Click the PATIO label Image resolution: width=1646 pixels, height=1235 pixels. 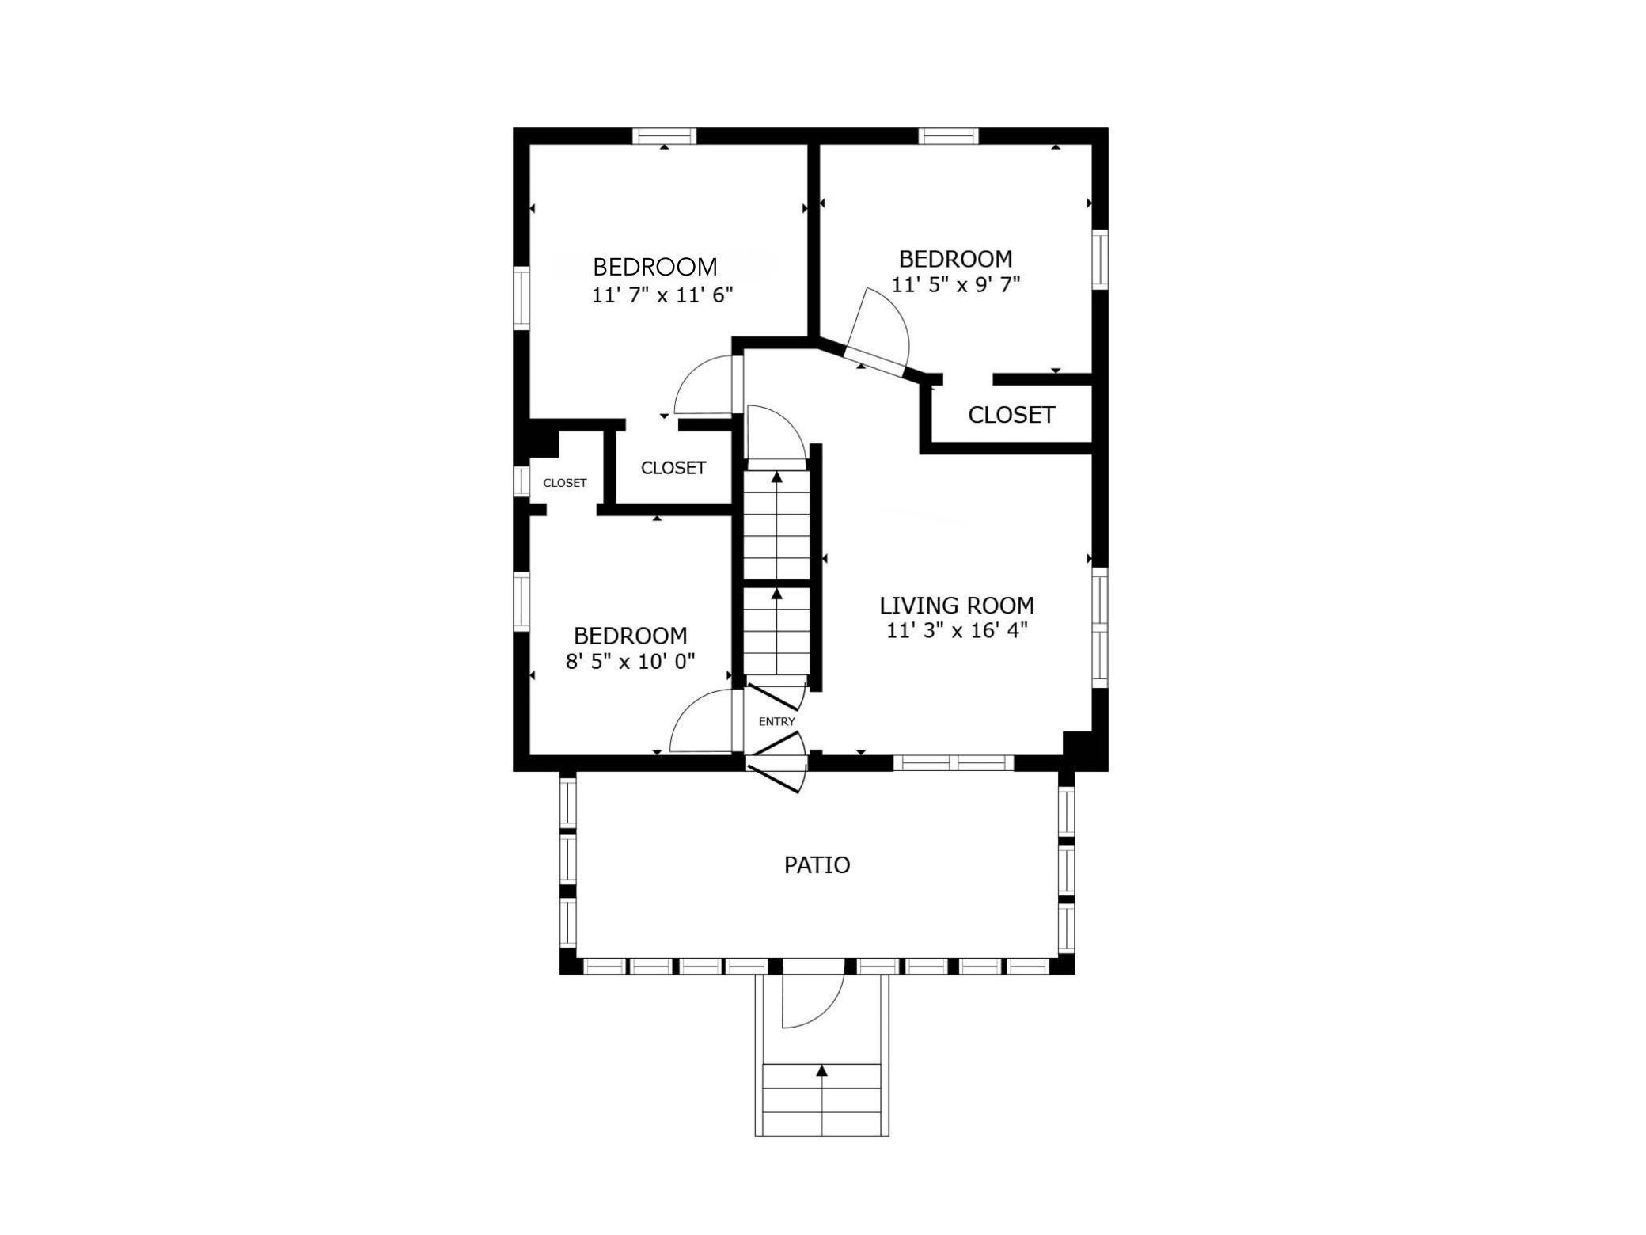(817, 865)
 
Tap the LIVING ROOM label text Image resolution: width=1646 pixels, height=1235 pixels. (957, 606)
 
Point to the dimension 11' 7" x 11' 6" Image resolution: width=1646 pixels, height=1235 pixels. (662, 295)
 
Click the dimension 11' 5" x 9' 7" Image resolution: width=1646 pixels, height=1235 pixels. (956, 284)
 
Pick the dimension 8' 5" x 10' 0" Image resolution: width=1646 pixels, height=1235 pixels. (630, 661)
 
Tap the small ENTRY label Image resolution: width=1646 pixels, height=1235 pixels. (776, 722)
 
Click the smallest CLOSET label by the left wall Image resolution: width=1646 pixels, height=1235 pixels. (565, 483)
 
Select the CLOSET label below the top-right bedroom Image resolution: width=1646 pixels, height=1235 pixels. (1011, 415)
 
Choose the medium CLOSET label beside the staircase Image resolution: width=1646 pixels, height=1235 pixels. (673, 468)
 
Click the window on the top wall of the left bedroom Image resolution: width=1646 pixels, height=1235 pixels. (665, 136)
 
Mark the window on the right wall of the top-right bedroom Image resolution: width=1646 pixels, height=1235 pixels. (1100, 260)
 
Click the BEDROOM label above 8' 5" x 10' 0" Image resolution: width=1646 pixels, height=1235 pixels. (630, 636)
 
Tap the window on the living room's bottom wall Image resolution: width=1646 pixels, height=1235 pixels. (954, 762)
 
